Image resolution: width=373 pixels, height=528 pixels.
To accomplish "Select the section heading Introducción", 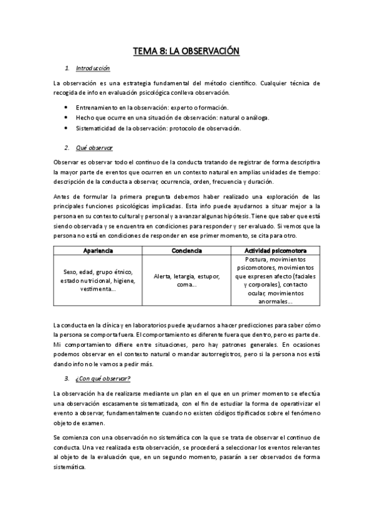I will (x=92, y=68).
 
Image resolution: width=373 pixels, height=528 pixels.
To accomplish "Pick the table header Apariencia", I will (x=98, y=250).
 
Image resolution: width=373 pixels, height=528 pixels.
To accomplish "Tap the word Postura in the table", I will (x=245, y=259).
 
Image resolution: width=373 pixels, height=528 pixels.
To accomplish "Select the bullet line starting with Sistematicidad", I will (x=167, y=128).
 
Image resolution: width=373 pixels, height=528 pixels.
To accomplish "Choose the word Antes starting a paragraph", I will (x=62, y=196).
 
